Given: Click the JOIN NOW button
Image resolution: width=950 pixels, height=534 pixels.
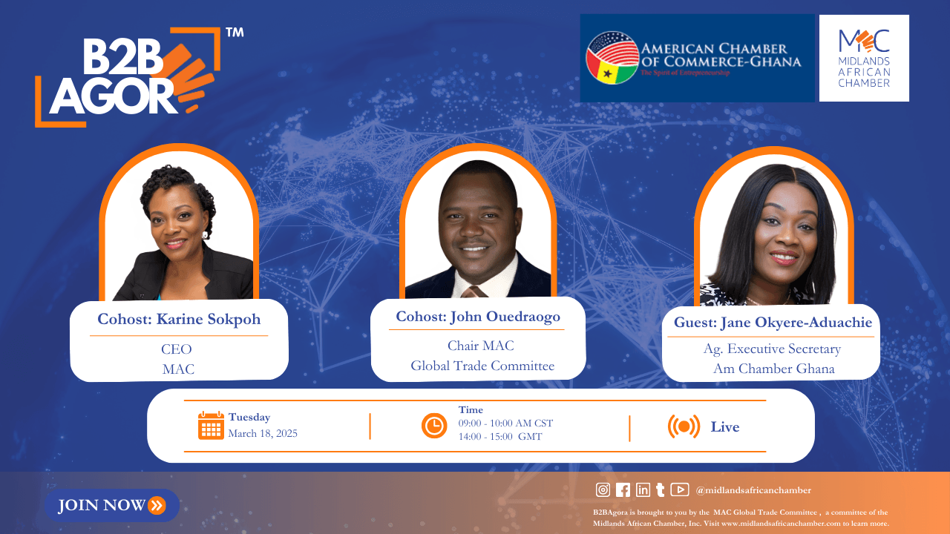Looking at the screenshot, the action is click(112, 505).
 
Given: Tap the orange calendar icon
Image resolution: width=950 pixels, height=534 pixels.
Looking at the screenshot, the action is click(211, 425).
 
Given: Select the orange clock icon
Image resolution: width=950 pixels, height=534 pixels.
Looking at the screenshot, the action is click(434, 426).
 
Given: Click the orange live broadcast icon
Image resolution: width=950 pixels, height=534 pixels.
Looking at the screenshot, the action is click(684, 426).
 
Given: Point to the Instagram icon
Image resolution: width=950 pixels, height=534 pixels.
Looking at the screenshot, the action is click(603, 490).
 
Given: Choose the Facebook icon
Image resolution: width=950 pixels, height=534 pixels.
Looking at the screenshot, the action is click(623, 490).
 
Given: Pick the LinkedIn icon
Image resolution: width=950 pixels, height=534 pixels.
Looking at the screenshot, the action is click(643, 490).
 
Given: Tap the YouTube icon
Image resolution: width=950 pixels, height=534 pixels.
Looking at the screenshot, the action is click(679, 489).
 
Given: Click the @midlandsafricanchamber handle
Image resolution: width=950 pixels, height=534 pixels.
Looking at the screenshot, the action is click(753, 490).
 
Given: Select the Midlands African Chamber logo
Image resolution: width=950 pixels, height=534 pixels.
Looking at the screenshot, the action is click(864, 58).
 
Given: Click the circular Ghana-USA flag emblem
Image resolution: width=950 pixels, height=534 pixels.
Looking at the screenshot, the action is click(612, 58).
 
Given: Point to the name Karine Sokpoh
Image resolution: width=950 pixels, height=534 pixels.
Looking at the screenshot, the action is click(209, 319).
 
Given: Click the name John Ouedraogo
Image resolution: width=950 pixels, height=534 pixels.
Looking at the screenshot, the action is click(505, 317).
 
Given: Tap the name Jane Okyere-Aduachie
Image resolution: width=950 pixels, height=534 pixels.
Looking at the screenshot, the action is click(796, 323).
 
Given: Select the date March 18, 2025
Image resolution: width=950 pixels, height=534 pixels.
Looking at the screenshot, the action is click(263, 433).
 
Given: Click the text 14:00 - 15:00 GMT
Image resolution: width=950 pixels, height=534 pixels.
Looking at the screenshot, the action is click(500, 437).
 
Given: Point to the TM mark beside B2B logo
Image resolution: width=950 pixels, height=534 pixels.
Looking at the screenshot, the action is click(235, 33).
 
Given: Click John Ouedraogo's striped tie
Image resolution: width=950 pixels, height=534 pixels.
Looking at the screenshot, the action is click(474, 291).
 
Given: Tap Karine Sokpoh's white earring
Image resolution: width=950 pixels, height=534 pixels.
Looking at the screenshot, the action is click(206, 235).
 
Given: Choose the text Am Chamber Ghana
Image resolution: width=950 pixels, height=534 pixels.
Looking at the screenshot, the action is click(773, 369).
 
